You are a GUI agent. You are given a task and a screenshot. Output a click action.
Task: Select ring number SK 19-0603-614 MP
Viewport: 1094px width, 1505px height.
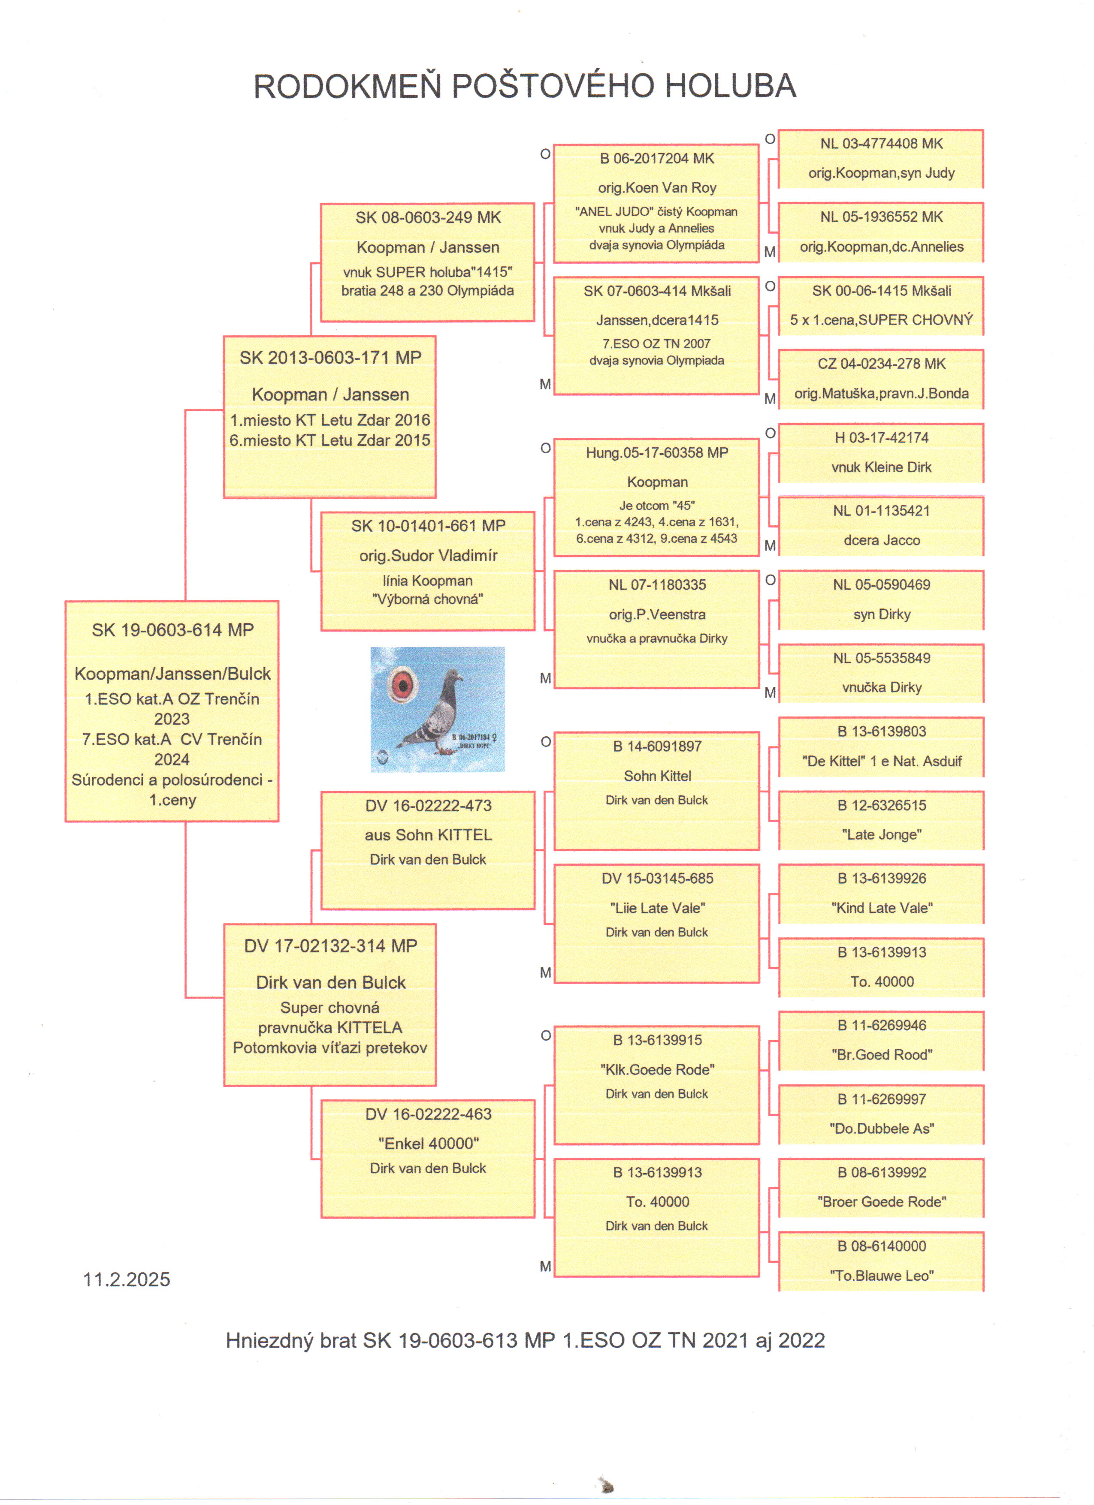tap(172, 630)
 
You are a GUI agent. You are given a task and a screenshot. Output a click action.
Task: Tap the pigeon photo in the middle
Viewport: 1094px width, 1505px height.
tap(438, 709)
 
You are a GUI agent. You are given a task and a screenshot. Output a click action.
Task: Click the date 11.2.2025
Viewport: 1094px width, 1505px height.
tap(126, 1279)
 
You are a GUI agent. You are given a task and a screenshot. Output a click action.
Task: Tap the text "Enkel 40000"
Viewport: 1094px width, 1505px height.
tap(428, 1144)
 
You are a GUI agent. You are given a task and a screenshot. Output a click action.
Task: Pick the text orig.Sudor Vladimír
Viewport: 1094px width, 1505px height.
tap(428, 555)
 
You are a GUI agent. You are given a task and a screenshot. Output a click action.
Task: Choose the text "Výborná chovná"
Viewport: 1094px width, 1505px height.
tap(428, 599)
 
